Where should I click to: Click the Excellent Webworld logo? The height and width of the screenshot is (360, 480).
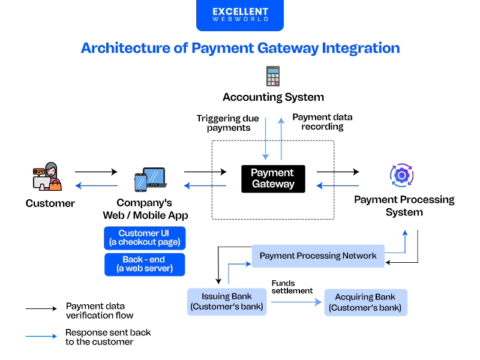point(239,15)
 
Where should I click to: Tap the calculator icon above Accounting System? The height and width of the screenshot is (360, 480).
point(273,76)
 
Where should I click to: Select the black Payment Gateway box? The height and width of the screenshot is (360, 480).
point(273,179)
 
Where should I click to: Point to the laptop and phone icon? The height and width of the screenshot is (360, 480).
point(150,179)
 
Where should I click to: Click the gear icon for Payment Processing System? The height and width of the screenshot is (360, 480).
point(401,175)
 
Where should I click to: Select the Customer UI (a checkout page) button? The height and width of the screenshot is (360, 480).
point(145,238)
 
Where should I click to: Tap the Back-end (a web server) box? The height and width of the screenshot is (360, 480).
point(145,264)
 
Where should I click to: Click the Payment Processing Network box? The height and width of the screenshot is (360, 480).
point(318,256)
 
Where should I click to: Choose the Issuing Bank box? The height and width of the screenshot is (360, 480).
point(227,302)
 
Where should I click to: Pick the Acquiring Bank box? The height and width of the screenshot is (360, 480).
point(365,302)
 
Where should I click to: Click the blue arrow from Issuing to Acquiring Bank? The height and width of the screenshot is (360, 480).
point(294,302)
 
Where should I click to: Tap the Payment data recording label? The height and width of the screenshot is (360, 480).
point(322,122)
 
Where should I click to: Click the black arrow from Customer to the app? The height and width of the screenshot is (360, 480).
point(96,172)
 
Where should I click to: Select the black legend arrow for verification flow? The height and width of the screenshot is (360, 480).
point(41,309)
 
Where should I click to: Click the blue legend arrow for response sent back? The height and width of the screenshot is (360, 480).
point(41,336)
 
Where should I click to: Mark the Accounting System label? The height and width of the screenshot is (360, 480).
point(273,97)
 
